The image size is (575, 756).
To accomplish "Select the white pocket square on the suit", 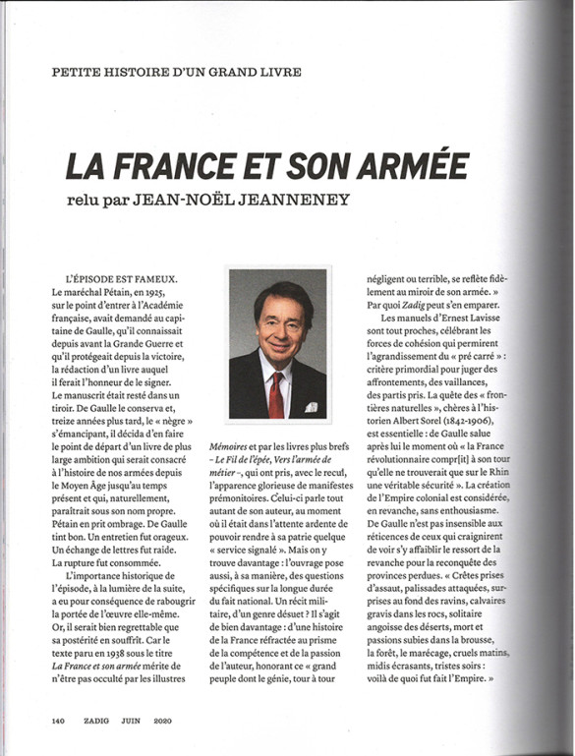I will pyautogui.click(x=312, y=405).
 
